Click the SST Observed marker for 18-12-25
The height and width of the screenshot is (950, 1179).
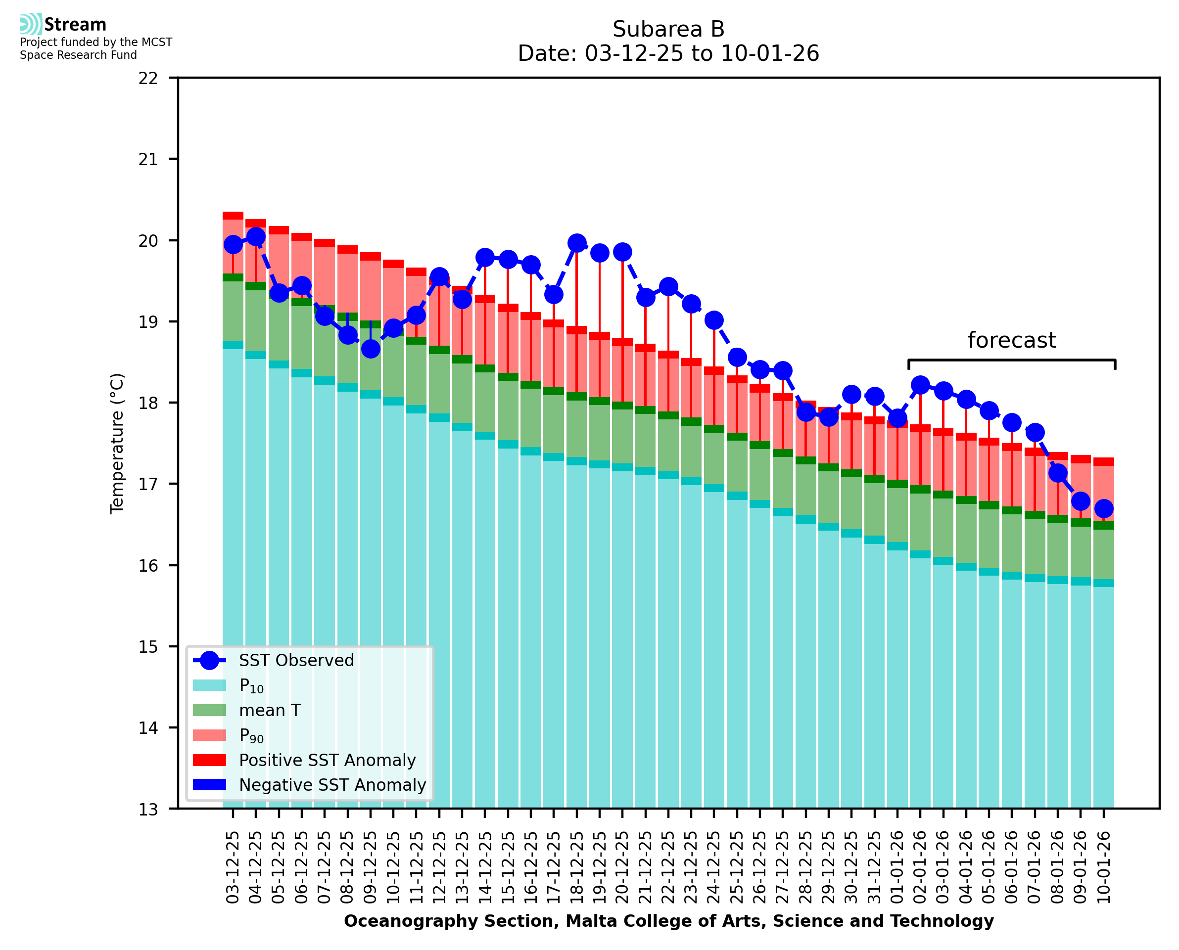tap(576, 243)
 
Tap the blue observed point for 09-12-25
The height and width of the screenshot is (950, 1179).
tap(371, 349)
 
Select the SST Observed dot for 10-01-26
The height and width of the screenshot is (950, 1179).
tap(1103, 508)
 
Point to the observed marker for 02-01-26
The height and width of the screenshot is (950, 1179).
tap(920, 385)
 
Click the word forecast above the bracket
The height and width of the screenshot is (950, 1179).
tap(1011, 340)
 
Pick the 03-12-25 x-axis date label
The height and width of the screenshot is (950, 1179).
tap(233, 867)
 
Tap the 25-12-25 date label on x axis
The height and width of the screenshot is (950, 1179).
tap(737, 867)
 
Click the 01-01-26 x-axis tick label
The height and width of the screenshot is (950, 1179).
tap(897, 867)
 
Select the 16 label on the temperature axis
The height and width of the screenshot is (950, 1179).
tap(148, 566)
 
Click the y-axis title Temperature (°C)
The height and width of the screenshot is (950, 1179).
tap(117, 443)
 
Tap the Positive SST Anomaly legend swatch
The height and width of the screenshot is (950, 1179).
tap(209, 760)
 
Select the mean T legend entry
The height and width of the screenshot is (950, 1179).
tap(270, 710)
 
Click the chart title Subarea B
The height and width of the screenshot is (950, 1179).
tap(668, 29)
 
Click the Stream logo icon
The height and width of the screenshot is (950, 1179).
tap(31, 24)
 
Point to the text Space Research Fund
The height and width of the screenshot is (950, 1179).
tap(78, 55)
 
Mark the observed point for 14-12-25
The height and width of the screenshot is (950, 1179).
tap(485, 257)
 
